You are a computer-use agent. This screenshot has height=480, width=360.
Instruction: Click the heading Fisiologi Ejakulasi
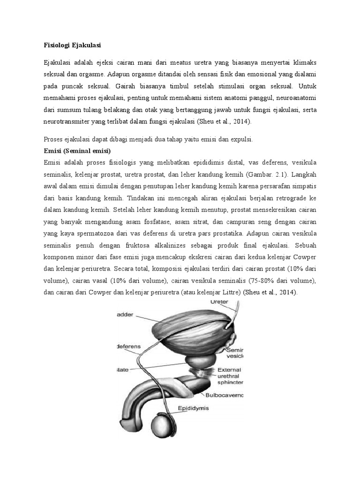point(73,45)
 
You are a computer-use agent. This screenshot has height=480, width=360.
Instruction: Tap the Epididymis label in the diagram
point(193,408)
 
